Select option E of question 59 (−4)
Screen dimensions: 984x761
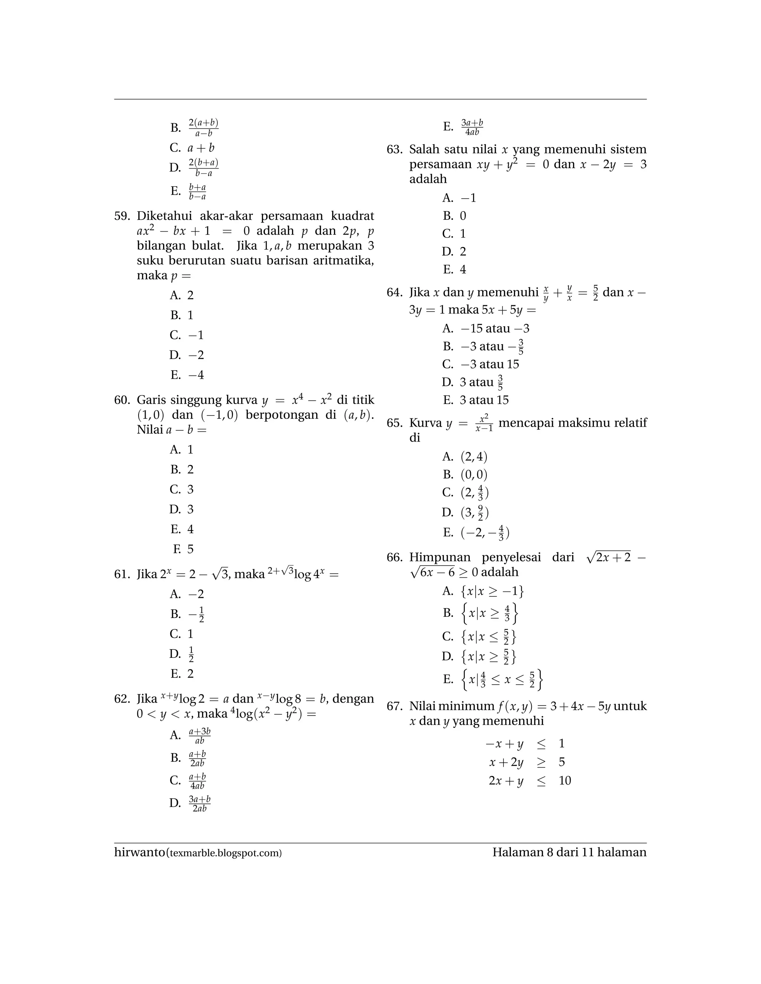pos(187,375)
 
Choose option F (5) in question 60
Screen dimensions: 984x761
pos(183,549)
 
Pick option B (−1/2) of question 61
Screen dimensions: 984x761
pos(187,614)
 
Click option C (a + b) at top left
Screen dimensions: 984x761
pos(192,148)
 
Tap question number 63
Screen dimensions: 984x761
pos(395,150)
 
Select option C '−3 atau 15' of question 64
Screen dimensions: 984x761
pos(480,364)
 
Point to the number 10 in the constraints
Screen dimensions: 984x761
pos(564,781)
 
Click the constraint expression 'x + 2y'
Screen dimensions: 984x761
pos(506,762)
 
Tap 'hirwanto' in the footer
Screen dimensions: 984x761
pos(140,853)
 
